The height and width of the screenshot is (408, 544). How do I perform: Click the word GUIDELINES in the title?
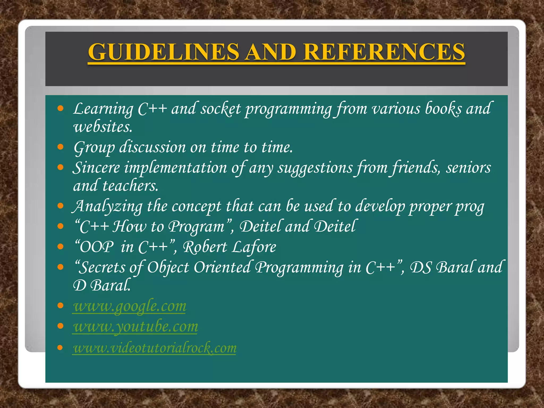pos(164,52)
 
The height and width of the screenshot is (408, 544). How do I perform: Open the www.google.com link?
pos(130,306)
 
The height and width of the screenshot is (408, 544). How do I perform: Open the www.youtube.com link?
pos(135,327)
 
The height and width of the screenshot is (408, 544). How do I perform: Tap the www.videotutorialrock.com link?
pos(155,348)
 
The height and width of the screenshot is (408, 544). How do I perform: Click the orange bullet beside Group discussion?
pos(61,147)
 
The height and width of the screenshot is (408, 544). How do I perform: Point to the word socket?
pos(220,109)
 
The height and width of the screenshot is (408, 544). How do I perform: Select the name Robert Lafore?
pos(229,247)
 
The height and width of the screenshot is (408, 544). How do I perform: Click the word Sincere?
pos(96,168)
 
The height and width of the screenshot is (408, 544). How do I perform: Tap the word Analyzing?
pos(108,206)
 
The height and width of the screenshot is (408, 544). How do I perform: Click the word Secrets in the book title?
pos(102,267)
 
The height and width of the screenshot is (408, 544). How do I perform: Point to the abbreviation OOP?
pos(97,247)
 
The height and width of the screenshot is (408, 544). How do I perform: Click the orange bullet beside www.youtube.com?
pos(61,326)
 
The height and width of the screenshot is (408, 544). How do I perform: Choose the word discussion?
pos(152,147)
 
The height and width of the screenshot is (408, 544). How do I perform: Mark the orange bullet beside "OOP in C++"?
pos(61,246)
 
